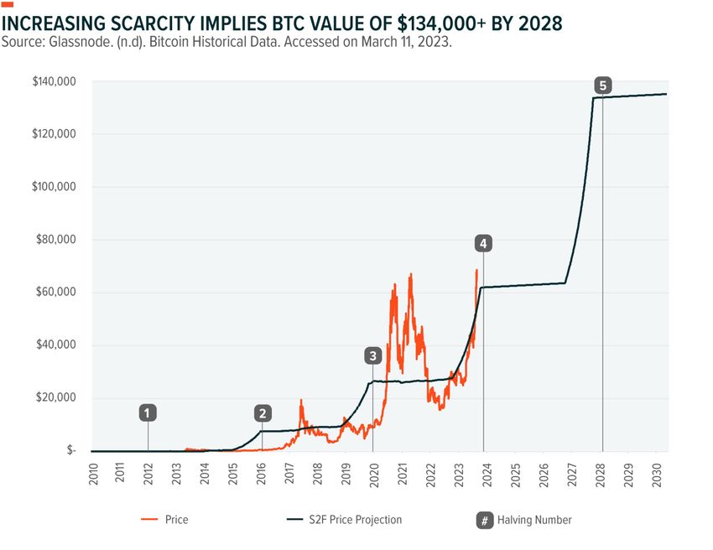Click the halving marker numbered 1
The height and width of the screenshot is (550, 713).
[148, 412]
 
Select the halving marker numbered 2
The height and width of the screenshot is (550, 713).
[263, 412]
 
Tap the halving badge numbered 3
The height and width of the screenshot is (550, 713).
[372, 355]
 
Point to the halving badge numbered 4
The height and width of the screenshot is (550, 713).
[483, 243]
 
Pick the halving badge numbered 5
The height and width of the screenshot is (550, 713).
[602, 85]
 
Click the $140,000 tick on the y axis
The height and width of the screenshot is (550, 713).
[55, 81]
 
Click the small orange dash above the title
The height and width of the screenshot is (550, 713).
[8, 5]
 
